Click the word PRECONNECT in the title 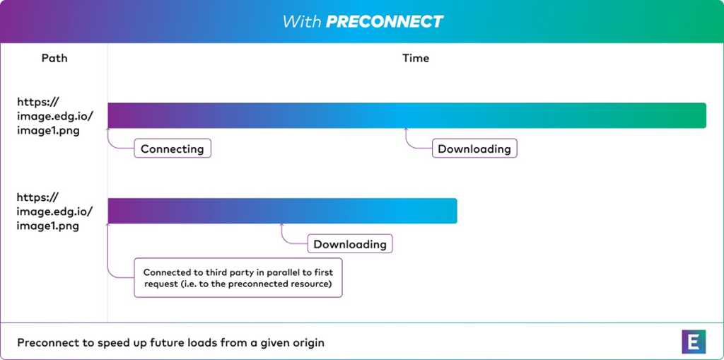click(385, 21)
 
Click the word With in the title click(301, 21)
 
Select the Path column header click(54, 58)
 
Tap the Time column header click(416, 58)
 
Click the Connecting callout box click(173, 149)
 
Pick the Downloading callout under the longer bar click(474, 149)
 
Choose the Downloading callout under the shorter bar click(350, 243)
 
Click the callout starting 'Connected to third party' click(238, 277)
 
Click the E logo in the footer click(694, 342)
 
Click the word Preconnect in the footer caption click(45, 343)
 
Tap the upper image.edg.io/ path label click(55, 116)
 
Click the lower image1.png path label click(47, 226)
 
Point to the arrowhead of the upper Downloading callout click(406, 130)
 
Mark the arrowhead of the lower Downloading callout click(281, 226)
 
